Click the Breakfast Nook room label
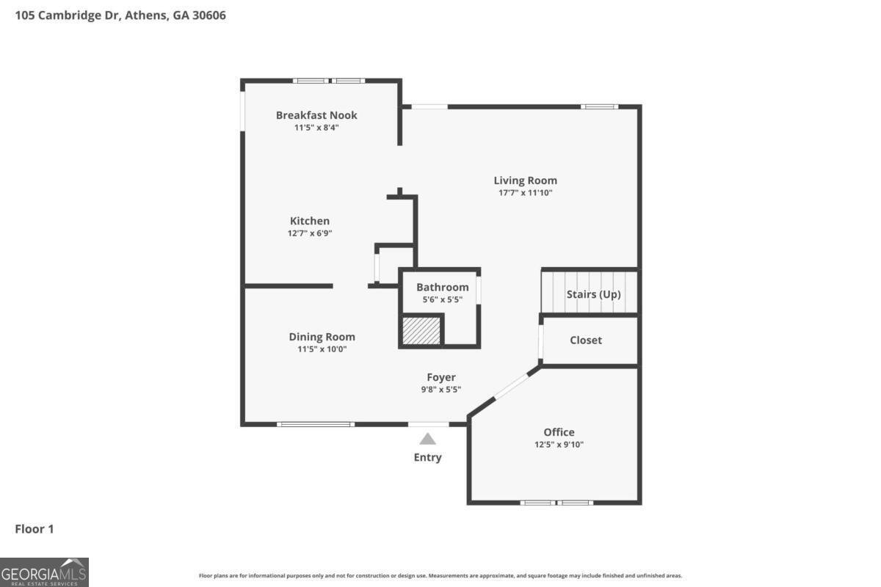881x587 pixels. pyautogui.click(x=316, y=115)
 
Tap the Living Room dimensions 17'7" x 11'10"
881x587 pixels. pyautogui.click(x=525, y=193)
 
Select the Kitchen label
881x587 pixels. pyautogui.click(x=310, y=221)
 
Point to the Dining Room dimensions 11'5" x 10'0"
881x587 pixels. pyautogui.click(x=322, y=349)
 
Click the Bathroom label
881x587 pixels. pyautogui.click(x=443, y=287)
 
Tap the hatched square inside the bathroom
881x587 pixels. pyautogui.click(x=421, y=331)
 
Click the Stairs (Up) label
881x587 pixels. pyautogui.click(x=593, y=294)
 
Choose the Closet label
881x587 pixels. pyautogui.click(x=586, y=340)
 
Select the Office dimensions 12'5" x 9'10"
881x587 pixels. pyautogui.click(x=559, y=445)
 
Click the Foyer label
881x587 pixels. pyautogui.click(x=441, y=377)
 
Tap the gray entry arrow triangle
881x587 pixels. pyautogui.click(x=427, y=440)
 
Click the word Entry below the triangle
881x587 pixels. pyautogui.click(x=427, y=457)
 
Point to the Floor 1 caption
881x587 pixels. pyautogui.click(x=35, y=529)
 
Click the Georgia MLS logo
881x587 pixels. pyautogui.click(x=44, y=572)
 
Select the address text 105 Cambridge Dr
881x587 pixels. pyautogui.click(x=68, y=15)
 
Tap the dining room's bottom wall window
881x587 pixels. pyautogui.click(x=316, y=424)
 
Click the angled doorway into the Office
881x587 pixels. pyautogui.click(x=511, y=386)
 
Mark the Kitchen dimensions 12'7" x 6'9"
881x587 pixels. pyautogui.click(x=310, y=233)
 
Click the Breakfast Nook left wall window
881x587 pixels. pyautogui.click(x=243, y=112)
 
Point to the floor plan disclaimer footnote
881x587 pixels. pyautogui.click(x=440, y=575)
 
